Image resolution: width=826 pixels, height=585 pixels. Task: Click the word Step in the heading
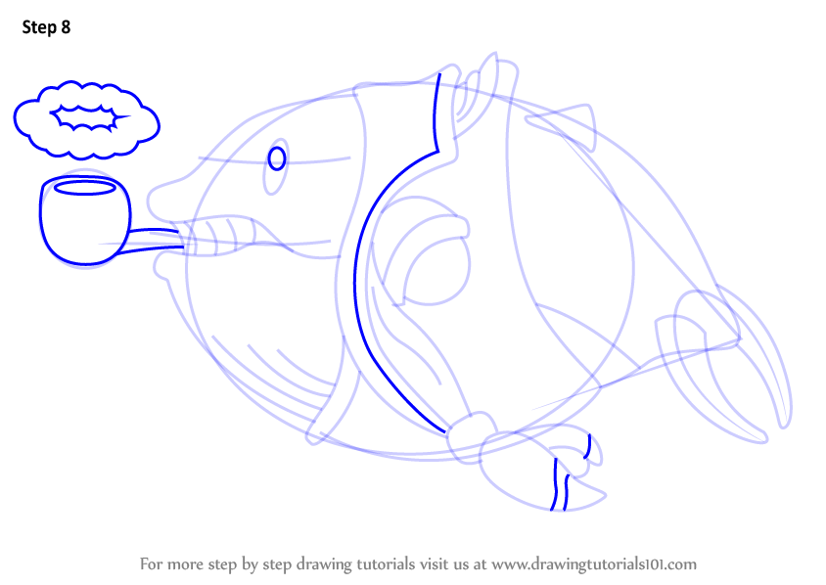[39, 27]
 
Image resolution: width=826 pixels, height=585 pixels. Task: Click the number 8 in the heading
[66, 26]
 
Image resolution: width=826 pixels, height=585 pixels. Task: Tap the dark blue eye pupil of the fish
[277, 158]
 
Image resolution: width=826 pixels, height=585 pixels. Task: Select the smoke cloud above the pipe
[86, 119]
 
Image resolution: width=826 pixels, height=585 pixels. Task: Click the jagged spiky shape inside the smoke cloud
[88, 117]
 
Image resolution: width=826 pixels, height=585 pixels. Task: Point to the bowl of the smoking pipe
[85, 220]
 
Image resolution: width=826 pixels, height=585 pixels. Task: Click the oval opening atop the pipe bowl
[85, 187]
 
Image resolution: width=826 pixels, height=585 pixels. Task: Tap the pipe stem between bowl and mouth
[153, 240]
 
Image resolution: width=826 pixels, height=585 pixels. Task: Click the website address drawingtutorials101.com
[594, 564]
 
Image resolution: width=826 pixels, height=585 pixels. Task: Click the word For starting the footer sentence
[150, 564]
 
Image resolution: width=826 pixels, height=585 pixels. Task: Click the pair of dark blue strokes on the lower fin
[560, 484]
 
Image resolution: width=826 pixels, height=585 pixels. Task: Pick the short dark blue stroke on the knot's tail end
[588, 446]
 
